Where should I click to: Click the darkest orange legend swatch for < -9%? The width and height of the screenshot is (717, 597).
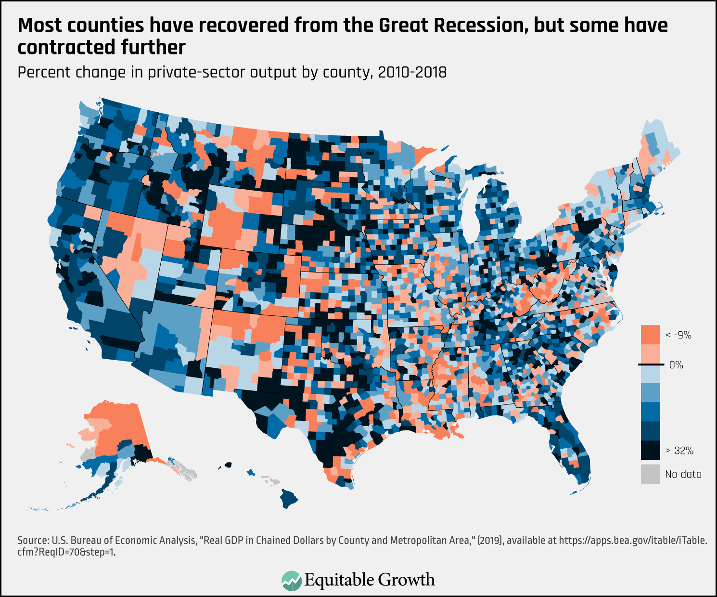point(650,335)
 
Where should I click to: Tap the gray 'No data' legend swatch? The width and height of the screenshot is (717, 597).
point(650,474)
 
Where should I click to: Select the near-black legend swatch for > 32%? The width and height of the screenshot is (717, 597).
point(650,451)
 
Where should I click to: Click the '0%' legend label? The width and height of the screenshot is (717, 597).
point(676,365)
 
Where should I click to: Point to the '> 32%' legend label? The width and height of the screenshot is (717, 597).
point(679,451)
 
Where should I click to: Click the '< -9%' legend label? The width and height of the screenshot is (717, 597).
point(678,335)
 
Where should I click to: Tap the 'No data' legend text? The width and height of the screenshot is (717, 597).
point(683,474)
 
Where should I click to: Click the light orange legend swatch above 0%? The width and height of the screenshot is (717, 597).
point(650,354)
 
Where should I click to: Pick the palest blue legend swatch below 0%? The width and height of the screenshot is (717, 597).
point(650,374)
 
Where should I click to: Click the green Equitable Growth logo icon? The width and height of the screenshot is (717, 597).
point(291,580)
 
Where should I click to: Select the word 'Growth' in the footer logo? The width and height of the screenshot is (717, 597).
point(407,580)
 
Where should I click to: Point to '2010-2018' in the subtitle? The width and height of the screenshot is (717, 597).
point(412,72)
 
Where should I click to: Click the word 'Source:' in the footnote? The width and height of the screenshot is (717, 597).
point(33,540)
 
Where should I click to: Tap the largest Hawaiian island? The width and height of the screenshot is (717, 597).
point(289,498)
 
